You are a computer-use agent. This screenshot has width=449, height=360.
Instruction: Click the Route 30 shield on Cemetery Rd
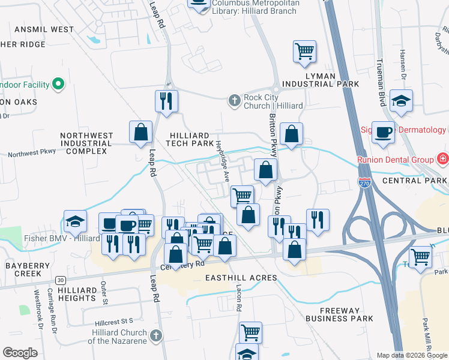click(x=61, y=280)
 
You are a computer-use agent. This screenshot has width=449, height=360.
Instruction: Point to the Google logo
click(x=20, y=353)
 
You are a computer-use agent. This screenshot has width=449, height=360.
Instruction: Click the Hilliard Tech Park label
click(x=191, y=140)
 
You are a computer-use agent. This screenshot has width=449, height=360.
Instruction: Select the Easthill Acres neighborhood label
click(x=241, y=278)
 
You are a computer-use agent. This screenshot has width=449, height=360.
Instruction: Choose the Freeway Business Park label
click(x=339, y=314)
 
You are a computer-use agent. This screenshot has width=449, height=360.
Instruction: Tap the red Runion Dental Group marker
click(x=442, y=159)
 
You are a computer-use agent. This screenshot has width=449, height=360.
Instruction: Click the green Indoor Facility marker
click(x=58, y=85)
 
